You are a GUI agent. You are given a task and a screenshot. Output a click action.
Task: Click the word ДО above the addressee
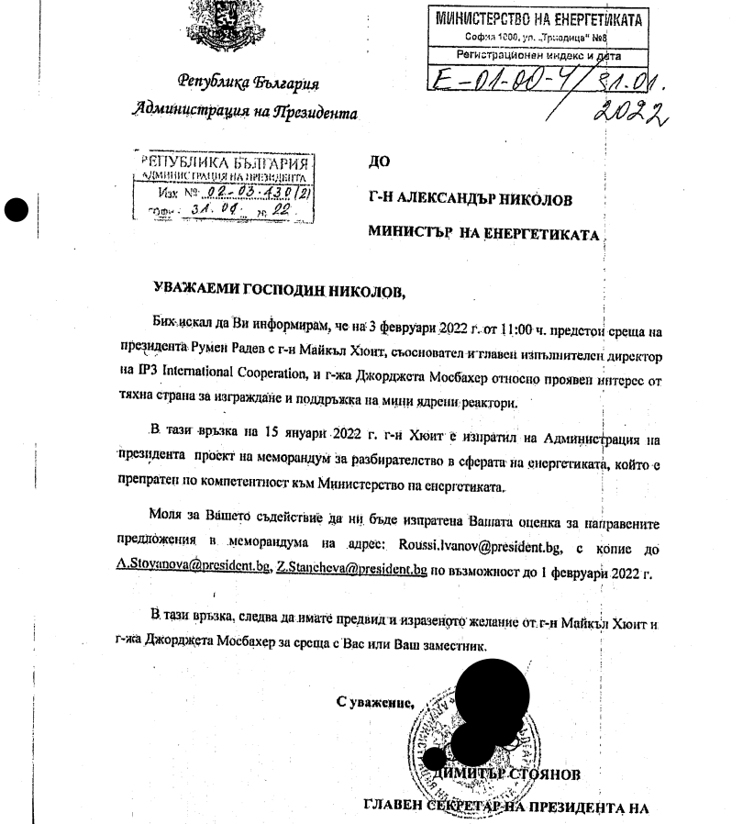[378, 162]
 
